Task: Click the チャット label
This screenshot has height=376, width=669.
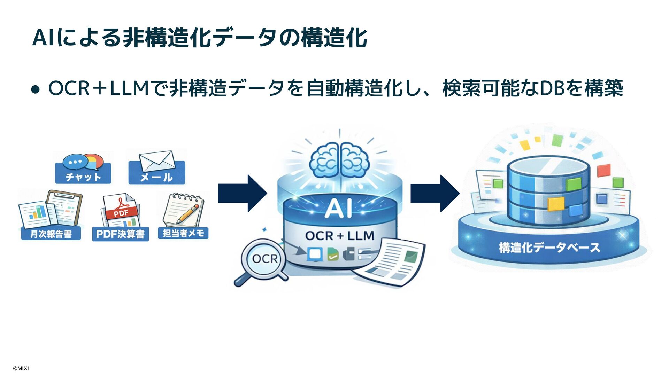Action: (83, 177)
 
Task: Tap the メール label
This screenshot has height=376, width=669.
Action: (156, 177)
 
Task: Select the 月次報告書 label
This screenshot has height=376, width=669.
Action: (51, 234)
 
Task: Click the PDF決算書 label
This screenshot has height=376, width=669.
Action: (120, 234)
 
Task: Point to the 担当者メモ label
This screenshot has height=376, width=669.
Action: (183, 233)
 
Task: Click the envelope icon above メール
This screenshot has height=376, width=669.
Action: (157, 161)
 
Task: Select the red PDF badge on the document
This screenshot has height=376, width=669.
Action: (121, 212)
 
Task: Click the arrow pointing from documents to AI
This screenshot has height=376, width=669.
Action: (242, 193)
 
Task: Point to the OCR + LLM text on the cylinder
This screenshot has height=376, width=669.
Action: (340, 236)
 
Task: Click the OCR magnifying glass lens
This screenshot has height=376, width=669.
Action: (264, 259)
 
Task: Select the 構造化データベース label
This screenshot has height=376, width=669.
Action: (549, 248)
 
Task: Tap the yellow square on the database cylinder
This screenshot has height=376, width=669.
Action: (556, 204)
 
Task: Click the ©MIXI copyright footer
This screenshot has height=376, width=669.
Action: (21, 368)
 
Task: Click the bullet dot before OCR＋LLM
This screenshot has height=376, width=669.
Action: (35, 89)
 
